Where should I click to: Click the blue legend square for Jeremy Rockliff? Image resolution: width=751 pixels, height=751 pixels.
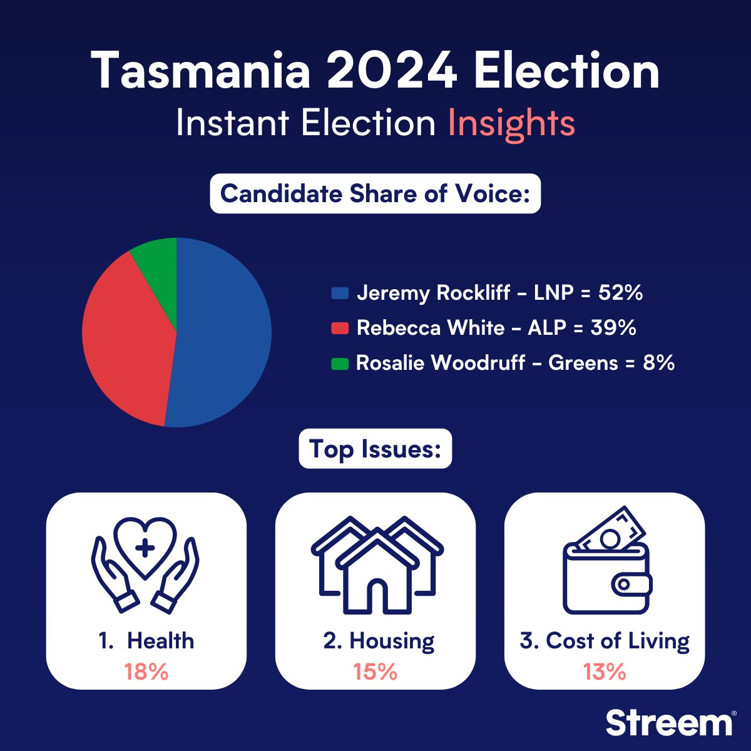[340, 293]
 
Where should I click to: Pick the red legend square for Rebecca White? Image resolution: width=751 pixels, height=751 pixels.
[340, 328]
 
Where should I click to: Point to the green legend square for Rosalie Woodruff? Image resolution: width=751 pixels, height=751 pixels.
[340, 363]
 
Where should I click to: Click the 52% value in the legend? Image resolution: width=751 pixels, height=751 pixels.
[620, 292]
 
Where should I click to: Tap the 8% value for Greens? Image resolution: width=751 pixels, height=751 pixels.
[658, 362]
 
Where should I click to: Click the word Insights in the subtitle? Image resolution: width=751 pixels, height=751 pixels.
[511, 123]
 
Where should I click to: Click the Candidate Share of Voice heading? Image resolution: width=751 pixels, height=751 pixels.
[375, 193]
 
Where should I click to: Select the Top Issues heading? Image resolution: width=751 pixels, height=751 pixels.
[375, 449]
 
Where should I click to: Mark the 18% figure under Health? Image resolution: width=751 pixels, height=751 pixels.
[146, 672]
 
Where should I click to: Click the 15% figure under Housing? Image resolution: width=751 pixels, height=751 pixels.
[375, 672]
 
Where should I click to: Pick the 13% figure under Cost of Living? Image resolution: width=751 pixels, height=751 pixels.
[605, 672]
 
